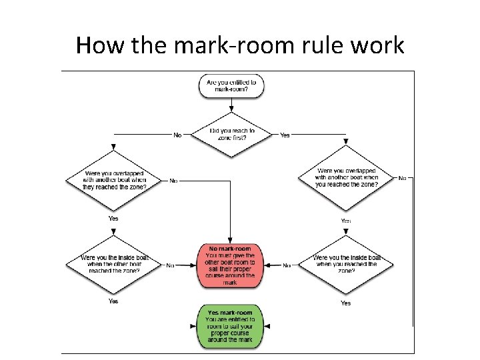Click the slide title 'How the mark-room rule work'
(x=240, y=45)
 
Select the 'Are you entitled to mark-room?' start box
(x=231, y=85)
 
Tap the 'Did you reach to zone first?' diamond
(x=231, y=134)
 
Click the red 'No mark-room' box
(x=230, y=265)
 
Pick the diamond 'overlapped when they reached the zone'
(x=115, y=180)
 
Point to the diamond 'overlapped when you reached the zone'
(x=347, y=178)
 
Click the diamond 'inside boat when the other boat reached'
(x=115, y=265)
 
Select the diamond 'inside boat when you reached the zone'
(x=347, y=265)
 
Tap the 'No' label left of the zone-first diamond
(x=177, y=135)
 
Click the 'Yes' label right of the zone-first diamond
(x=285, y=135)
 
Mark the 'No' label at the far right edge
(x=402, y=178)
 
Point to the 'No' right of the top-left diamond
(x=173, y=180)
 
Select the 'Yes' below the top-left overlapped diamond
(x=113, y=218)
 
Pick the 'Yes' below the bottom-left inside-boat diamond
(x=113, y=301)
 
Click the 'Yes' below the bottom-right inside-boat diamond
(x=345, y=303)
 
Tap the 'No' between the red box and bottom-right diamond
(x=287, y=265)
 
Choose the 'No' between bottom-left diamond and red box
(x=170, y=265)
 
